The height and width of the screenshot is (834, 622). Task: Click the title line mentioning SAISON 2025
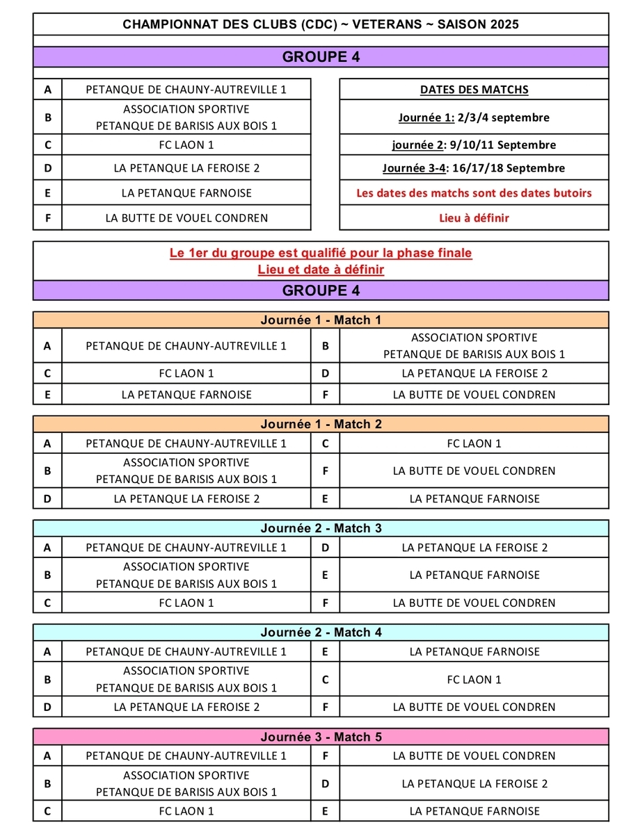[x=321, y=24]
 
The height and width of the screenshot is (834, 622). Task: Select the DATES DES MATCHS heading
[x=474, y=90]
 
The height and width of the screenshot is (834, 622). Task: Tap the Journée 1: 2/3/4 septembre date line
[x=474, y=117]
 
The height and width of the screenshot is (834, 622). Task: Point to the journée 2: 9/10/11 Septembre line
[x=474, y=145]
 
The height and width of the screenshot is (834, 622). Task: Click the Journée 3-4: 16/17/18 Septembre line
[x=474, y=168]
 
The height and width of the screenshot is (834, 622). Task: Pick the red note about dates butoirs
[x=474, y=193]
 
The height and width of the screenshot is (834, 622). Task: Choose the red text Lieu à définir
[x=474, y=218]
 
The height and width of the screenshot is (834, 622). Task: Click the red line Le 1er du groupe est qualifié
[x=321, y=253]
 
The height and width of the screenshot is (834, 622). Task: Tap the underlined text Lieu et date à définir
[x=321, y=270]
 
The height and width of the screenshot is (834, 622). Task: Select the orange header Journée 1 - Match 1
[x=321, y=320]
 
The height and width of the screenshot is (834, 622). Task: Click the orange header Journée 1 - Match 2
[x=321, y=425]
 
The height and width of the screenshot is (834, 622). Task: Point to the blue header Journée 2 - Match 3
[x=321, y=529]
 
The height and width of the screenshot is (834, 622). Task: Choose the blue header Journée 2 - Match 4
[x=321, y=633]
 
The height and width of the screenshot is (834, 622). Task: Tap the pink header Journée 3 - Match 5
[x=321, y=737]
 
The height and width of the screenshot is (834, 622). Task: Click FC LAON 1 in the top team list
[x=186, y=145]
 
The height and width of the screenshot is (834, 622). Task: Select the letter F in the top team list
[x=48, y=218]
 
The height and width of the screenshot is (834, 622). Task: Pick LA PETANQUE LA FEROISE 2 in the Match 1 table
[x=475, y=374]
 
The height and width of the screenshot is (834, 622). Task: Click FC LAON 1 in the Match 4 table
[x=475, y=680]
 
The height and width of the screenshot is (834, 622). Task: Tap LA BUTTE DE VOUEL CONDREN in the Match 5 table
[x=475, y=756]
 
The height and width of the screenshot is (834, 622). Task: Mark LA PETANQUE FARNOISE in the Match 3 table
[x=475, y=575]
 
